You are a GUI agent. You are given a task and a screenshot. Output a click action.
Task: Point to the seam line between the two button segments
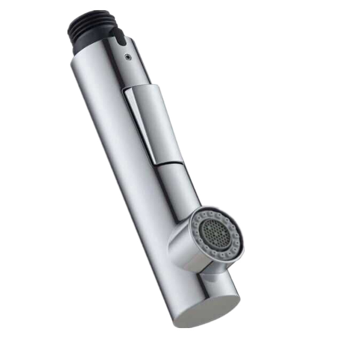[x=169, y=163]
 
